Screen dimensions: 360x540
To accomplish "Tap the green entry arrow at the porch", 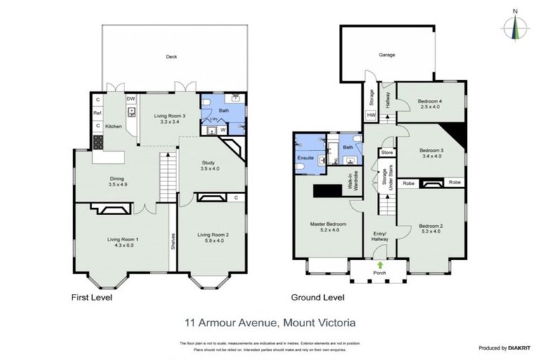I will pos(380,265).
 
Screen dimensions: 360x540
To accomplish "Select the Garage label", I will pos(387,54).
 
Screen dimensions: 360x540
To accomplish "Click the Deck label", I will pos(171,57).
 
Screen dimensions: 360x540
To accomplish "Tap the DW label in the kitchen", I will pos(131,99).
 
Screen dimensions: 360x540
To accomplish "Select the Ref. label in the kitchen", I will pos(98,112).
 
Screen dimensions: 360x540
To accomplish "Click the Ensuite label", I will pos(304,157).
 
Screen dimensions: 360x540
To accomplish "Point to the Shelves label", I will pos(172,240).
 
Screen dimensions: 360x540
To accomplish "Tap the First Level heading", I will pos(92,297).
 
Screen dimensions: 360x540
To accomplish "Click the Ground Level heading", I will pos(321,297).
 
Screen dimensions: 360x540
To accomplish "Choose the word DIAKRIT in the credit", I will pos(522,347).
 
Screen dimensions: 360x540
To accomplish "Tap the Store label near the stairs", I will pos(385,152).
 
